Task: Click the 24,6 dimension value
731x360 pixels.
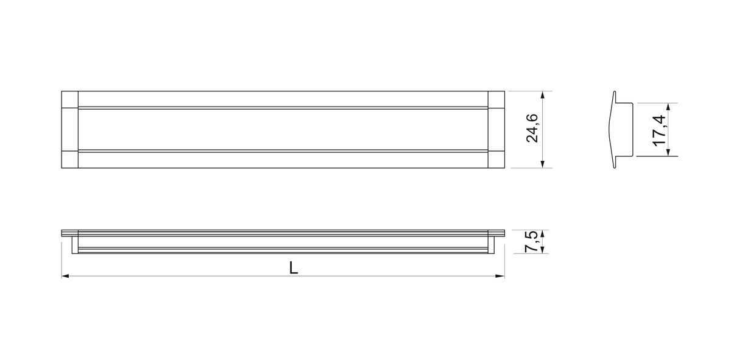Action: [532, 128]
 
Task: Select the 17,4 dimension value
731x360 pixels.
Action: [659, 130]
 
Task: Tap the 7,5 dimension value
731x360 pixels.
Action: [531, 241]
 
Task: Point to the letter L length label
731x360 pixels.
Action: [294, 268]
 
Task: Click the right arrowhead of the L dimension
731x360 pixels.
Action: [500, 276]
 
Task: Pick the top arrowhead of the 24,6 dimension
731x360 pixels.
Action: [543, 96]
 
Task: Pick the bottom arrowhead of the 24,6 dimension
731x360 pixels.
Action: [543, 163]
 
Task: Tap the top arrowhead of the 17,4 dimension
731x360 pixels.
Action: [668, 108]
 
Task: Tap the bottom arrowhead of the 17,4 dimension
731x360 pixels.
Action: [668, 152]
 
